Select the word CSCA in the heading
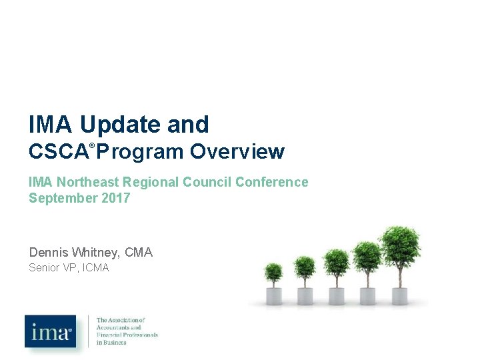(58, 153)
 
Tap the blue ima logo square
(51, 331)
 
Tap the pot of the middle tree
(337, 295)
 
